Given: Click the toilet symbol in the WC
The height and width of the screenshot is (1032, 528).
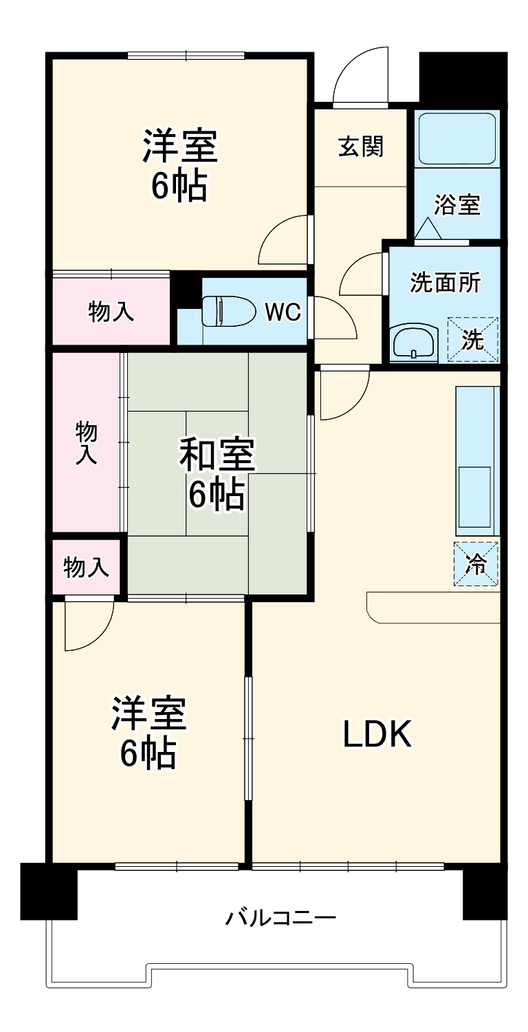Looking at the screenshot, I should tap(226, 311).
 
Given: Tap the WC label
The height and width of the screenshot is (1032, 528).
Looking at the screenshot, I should tap(283, 312).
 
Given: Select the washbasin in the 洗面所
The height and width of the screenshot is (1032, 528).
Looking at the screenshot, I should tap(413, 343).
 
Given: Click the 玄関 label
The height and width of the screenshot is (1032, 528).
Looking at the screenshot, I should tap(361, 147).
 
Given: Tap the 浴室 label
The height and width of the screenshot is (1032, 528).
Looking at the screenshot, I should tap(456, 204).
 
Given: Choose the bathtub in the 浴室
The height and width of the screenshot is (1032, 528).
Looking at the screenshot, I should tap(456, 138).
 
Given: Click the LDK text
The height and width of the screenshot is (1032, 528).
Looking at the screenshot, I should tap(377, 734).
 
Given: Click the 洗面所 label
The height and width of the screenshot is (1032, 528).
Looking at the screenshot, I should tap(445, 283).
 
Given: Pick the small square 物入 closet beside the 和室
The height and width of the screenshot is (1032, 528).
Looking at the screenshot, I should tap(87, 568).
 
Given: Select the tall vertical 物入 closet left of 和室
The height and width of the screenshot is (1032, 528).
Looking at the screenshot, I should tap(87, 442).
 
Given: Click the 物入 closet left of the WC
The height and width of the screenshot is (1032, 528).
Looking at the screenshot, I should tap(111, 312).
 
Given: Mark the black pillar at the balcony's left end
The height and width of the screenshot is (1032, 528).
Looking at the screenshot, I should tap(49, 891).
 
